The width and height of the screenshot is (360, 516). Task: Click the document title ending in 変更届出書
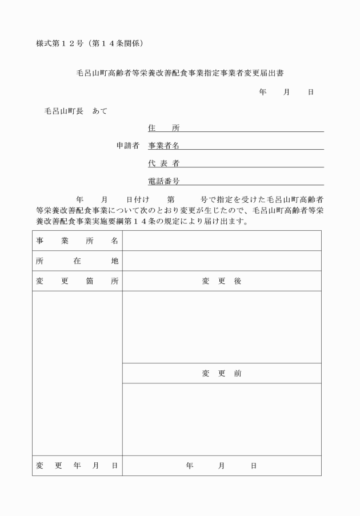coord(181,73)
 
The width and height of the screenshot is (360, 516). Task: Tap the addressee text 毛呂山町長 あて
coord(76,111)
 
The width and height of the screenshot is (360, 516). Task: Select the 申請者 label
coord(128,146)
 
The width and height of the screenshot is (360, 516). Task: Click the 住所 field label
coord(163,128)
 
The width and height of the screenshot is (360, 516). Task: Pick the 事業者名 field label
coord(163,146)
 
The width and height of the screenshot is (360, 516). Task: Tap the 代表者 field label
coord(163,163)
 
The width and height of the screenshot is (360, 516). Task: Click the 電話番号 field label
coord(163,181)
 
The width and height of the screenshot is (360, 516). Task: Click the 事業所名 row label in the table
coord(77,241)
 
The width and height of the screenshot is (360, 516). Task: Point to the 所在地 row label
coord(77,261)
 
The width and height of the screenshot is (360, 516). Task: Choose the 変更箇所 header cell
coord(77,281)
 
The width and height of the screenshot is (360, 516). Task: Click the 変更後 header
coord(222,281)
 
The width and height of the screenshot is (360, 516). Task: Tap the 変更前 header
coord(222,373)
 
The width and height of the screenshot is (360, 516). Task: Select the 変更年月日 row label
coord(77,466)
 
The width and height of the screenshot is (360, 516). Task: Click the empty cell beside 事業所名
coord(222,241)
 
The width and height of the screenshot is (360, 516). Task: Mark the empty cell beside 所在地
coord(222,261)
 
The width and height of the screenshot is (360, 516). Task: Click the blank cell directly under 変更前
coord(222,419)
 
